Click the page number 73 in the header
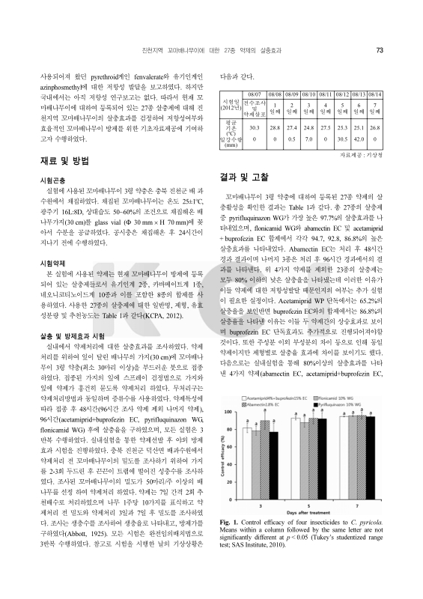[380, 51]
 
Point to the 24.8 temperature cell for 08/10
[308, 129]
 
